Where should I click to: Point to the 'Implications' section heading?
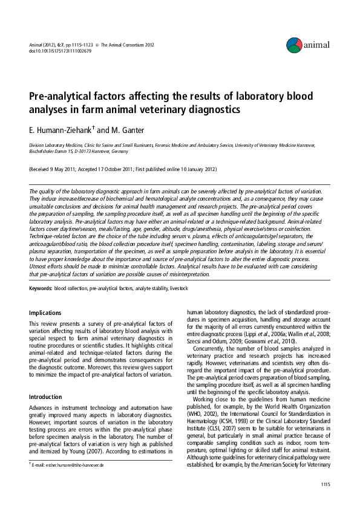coord(45,313)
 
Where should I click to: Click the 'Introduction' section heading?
coord(47,380)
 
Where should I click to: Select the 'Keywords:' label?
coord(40,289)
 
